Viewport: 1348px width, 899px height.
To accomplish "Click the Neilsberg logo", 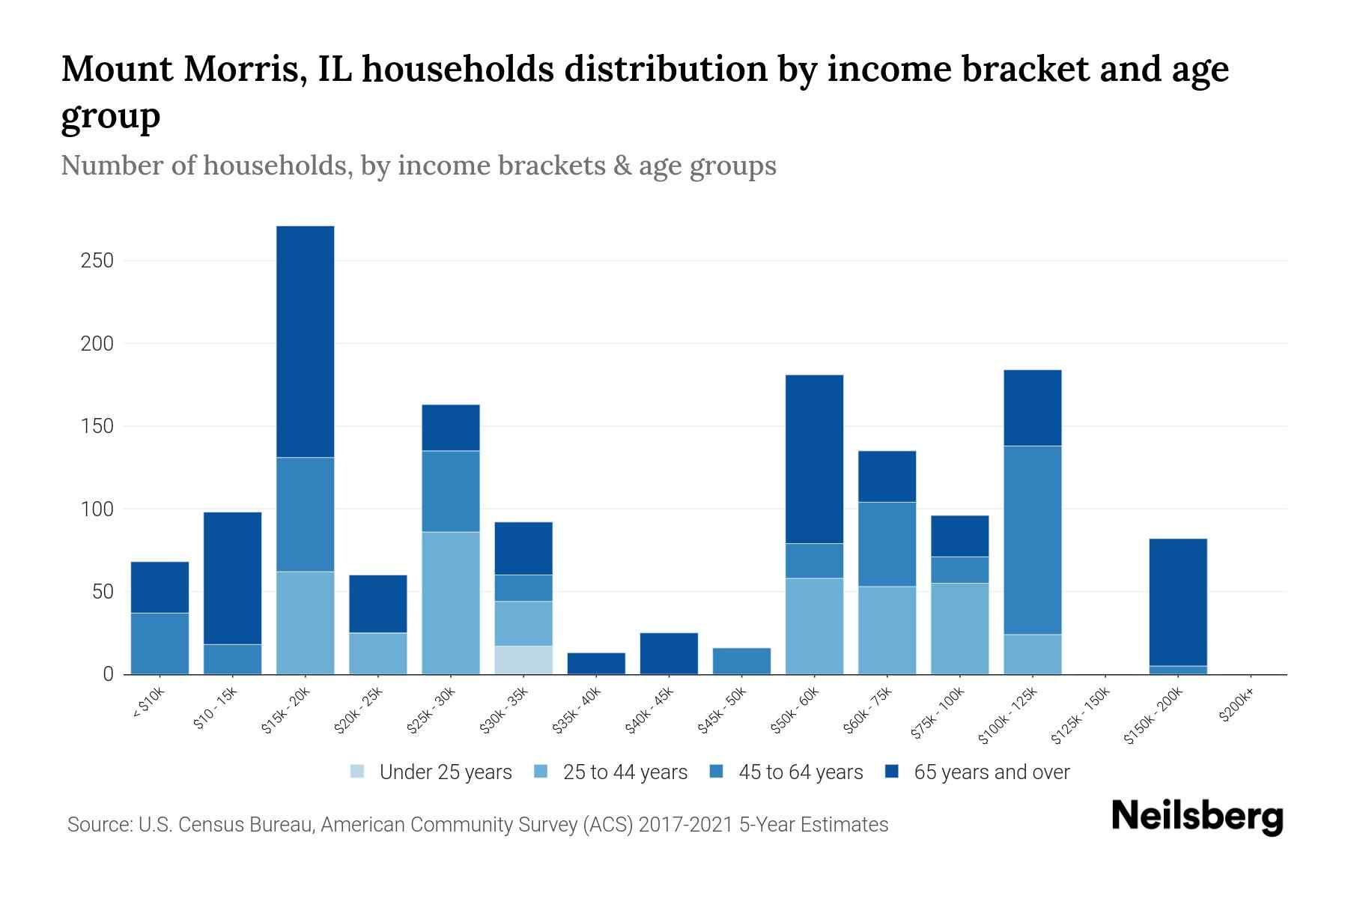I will click(1197, 817).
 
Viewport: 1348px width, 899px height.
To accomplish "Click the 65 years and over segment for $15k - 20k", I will click(305, 341).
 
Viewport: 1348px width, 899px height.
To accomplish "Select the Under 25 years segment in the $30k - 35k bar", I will click(523, 660).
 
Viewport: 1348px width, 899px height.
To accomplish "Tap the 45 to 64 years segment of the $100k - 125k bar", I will click(1032, 540).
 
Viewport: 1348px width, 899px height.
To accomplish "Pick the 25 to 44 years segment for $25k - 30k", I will click(451, 603).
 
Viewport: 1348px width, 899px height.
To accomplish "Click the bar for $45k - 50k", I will click(741, 661).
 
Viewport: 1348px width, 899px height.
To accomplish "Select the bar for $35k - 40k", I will click(596, 664).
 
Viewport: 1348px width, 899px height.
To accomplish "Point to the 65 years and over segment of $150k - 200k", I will click(1177, 602).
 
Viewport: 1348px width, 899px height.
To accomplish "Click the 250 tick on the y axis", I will click(97, 261).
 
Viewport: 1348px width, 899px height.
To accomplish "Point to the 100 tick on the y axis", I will click(97, 509).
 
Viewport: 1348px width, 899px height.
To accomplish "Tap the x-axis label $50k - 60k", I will click(797, 709).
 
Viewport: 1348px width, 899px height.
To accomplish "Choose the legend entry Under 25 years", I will click(446, 772).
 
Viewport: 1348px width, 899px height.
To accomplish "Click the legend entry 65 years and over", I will click(992, 772).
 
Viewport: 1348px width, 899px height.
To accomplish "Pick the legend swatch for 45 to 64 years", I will click(717, 772).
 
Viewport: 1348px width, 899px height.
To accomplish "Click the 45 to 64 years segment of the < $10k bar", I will click(160, 644).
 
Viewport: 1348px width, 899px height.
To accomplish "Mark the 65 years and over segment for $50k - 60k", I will click(814, 458).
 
